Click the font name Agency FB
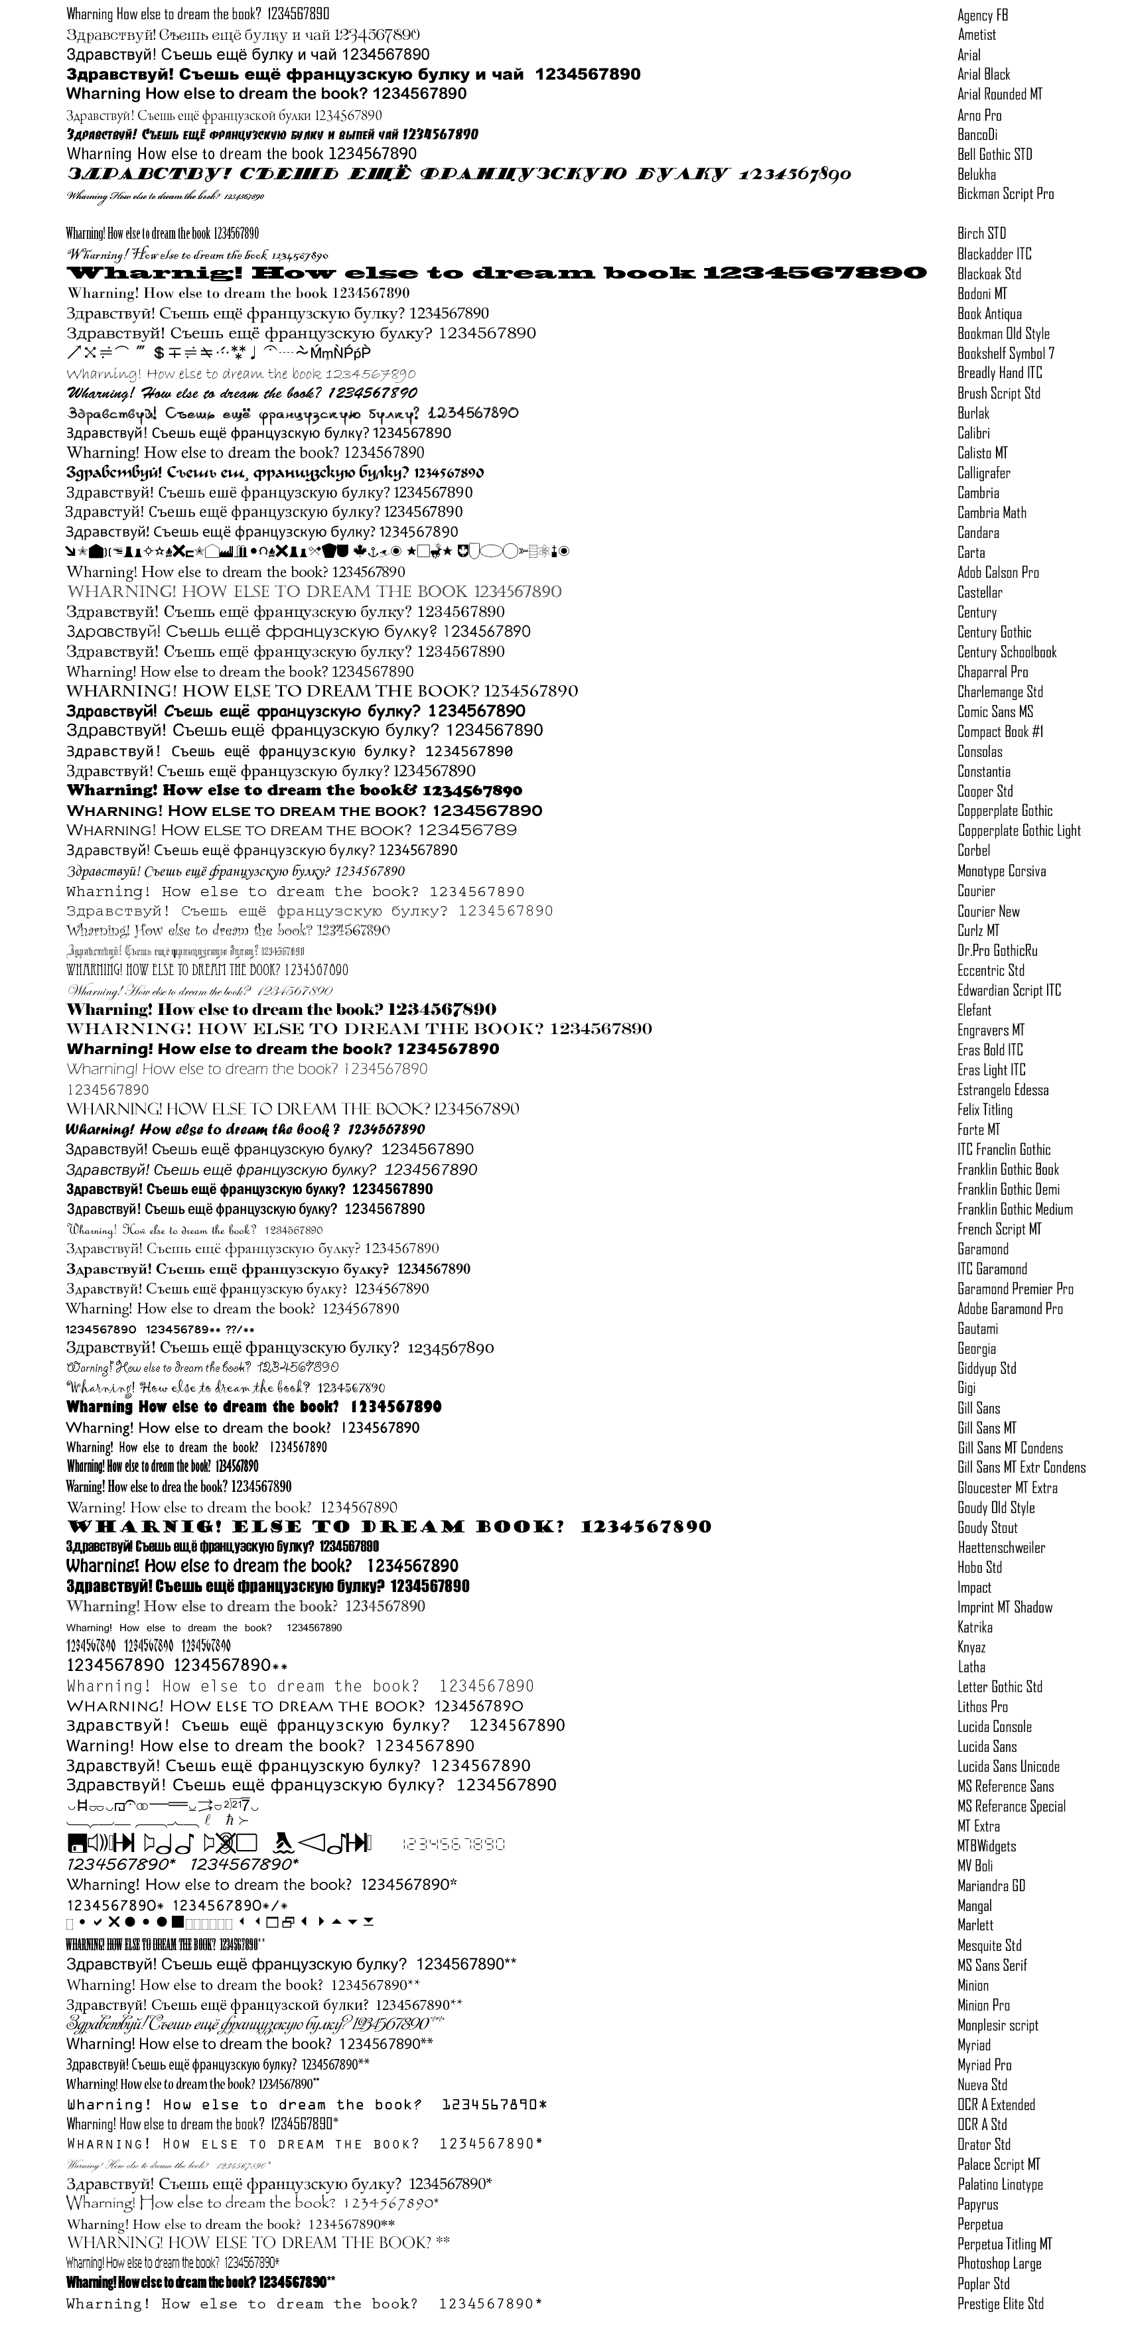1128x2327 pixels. pos(983,15)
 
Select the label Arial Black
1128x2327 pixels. pos(983,75)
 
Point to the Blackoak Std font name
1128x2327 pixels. pos(989,274)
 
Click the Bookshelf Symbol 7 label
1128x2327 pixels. pos(1005,353)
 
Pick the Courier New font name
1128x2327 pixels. pos(988,911)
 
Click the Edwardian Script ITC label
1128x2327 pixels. pos(1009,991)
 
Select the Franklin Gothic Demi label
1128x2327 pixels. pos(1008,1189)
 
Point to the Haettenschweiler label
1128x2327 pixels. pos(1001,1548)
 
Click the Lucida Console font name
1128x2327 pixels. pos(994,1726)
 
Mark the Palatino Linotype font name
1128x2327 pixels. pos(1000,2184)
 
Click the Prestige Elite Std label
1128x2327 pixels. pos(1000,2304)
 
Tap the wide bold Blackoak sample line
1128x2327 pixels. pos(496,273)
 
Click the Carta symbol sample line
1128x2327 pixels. pos(317,552)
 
